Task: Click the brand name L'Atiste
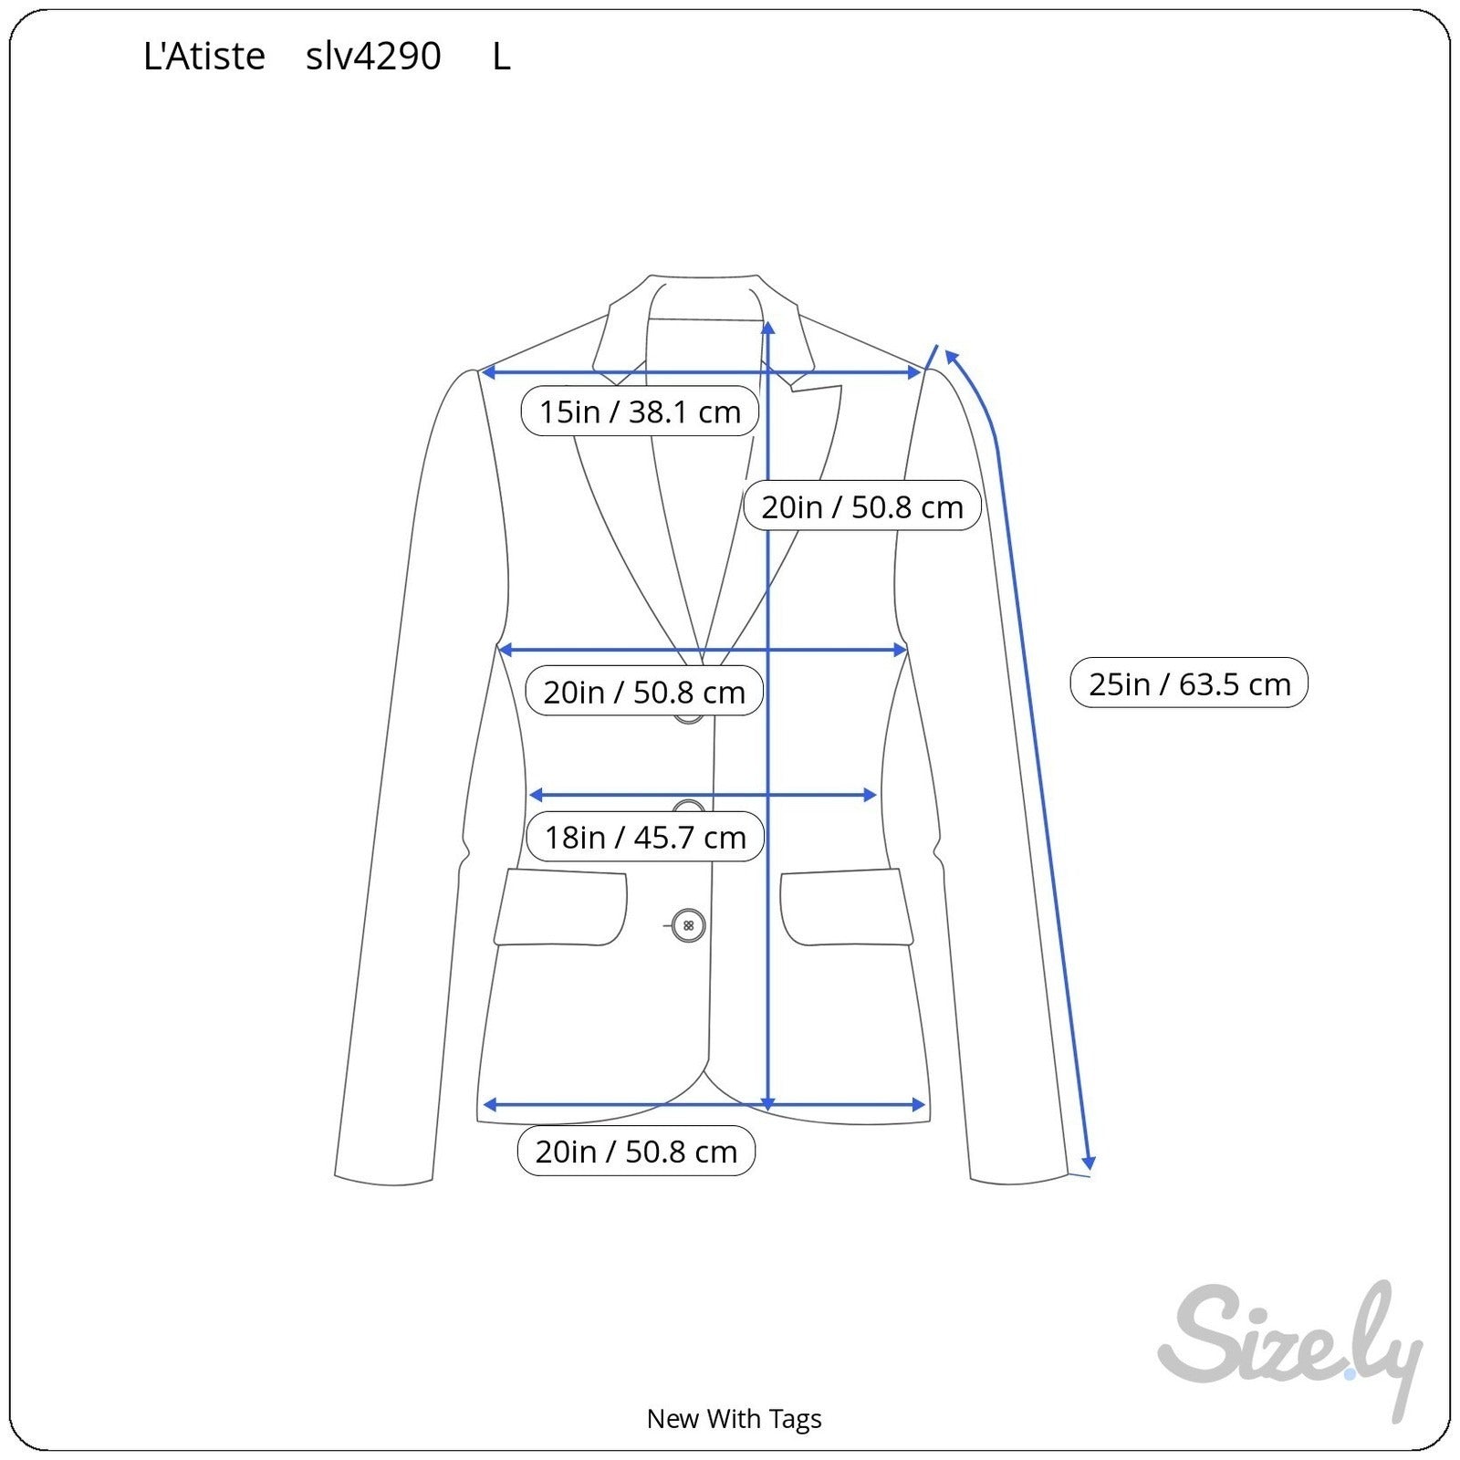tap(204, 57)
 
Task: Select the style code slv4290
tap(373, 57)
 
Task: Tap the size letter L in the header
tap(501, 57)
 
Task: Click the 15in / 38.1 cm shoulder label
tap(640, 412)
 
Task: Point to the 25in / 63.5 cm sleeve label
tap(1189, 683)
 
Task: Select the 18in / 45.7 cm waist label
tap(645, 836)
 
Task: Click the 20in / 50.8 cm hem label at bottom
tap(636, 1151)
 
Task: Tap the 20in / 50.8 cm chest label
tap(644, 691)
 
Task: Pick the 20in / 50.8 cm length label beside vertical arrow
tap(862, 506)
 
